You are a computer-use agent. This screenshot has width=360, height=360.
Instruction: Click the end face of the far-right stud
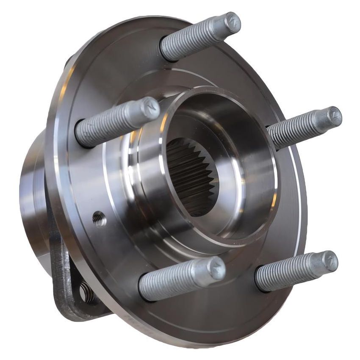point(334,117)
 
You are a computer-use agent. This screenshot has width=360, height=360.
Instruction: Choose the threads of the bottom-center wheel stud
point(174,280)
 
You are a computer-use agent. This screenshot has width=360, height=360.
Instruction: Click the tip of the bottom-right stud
point(330,261)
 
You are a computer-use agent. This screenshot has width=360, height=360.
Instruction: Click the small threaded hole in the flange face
point(99,219)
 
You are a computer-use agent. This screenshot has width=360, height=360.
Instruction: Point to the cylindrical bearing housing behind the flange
point(32,191)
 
